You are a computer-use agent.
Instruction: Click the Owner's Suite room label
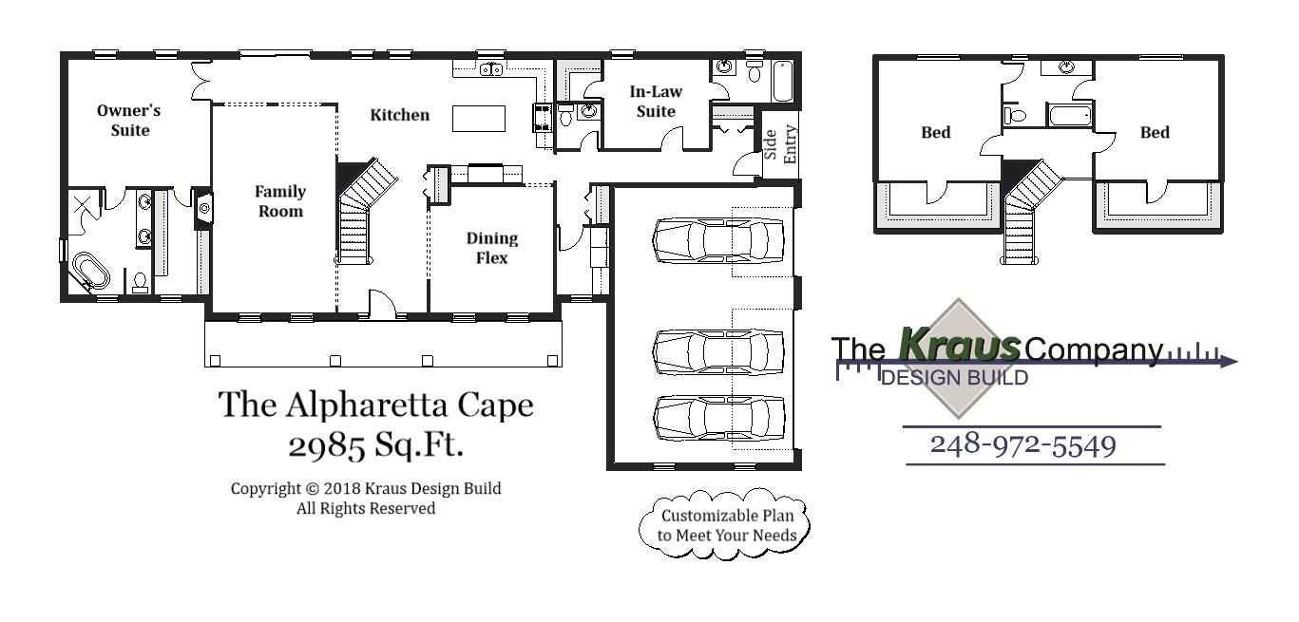(x=129, y=121)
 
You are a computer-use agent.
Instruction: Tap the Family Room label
(x=280, y=201)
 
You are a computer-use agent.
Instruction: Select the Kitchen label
(x=399, y=115)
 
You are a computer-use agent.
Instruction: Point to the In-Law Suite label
(x=656, y=102)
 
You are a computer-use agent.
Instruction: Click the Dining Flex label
(x=491, y=248)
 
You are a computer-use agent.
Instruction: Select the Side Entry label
(x=780, y=143)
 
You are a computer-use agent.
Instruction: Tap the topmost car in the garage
(x=720, y=238)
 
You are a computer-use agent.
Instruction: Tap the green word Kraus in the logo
(x=959, y=345)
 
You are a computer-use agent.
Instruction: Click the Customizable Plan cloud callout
(x=727, y=525)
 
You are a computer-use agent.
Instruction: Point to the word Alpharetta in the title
(x=368, y=405)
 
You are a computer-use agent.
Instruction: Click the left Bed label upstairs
(x=935, y=132)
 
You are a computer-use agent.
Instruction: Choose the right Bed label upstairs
(x=1155, y=132)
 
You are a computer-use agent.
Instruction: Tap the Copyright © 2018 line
(x=366, y=489)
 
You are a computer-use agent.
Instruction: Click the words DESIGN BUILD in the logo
(x=954, y=378)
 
